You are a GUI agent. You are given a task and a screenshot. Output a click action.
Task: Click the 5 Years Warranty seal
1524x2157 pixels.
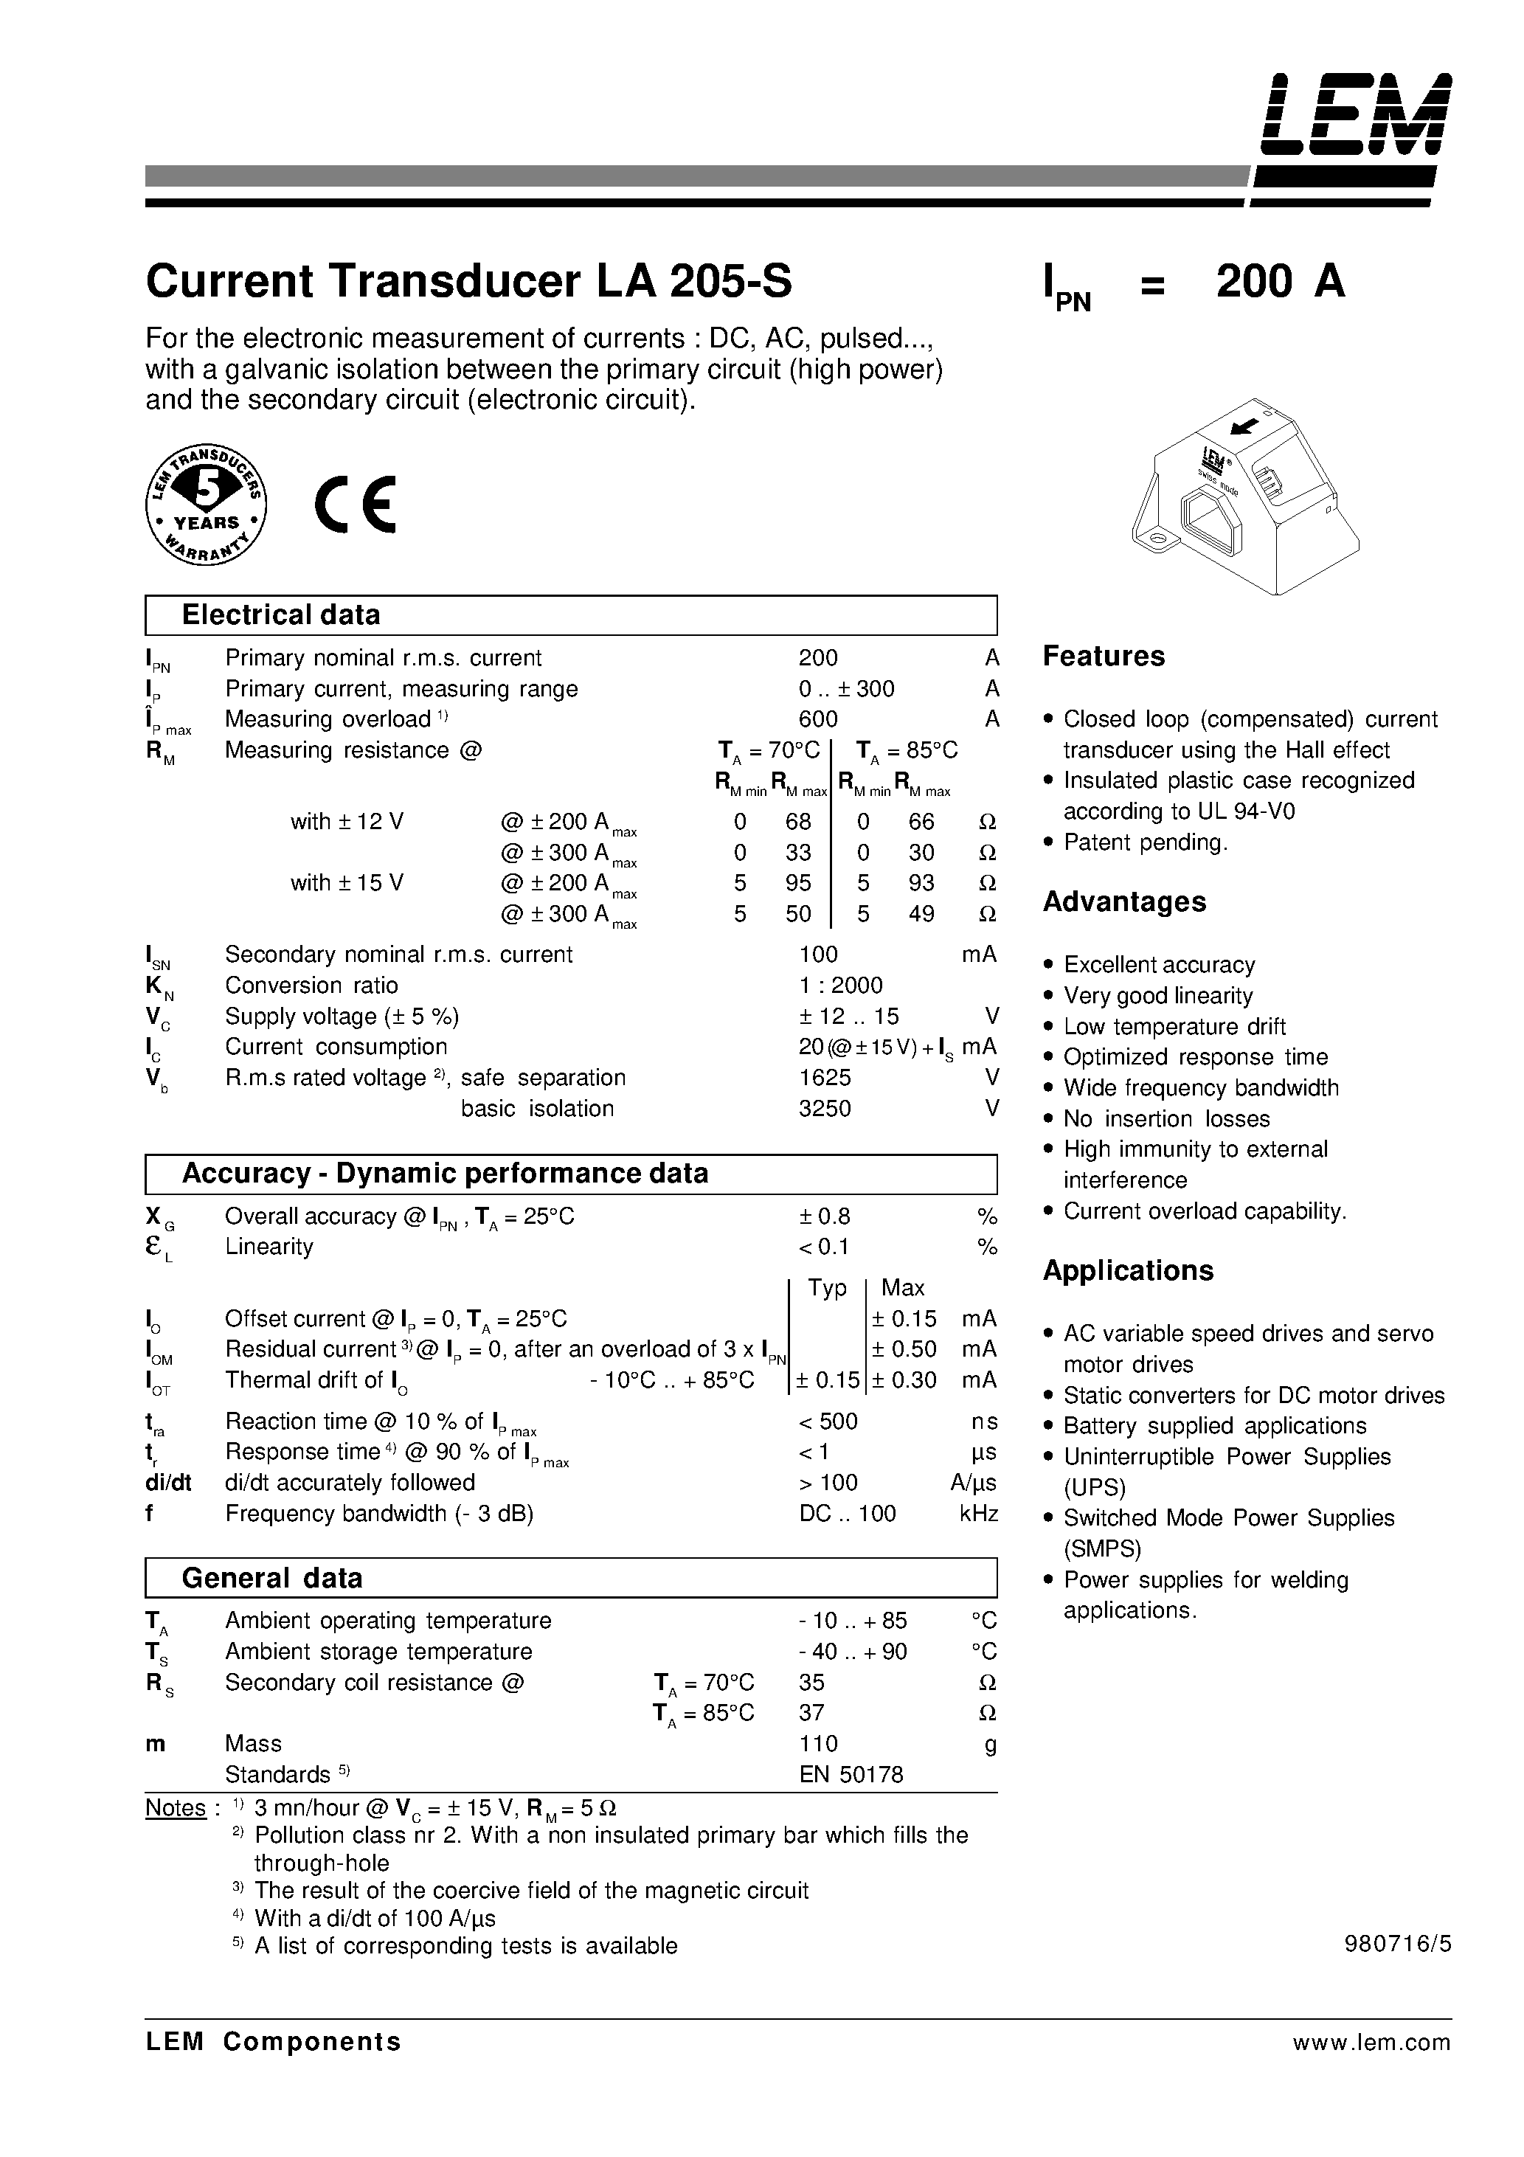click(207, 505)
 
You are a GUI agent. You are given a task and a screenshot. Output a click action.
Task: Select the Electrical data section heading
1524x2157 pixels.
click(281, 615)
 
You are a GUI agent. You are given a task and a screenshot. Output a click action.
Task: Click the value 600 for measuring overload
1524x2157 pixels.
click(817, 720)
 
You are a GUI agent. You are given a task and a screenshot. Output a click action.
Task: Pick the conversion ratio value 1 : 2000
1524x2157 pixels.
click(840, 986)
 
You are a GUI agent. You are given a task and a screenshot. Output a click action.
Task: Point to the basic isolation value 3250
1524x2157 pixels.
click(824, 1109)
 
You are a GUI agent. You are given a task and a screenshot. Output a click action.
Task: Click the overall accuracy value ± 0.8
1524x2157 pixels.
click(824, 1216)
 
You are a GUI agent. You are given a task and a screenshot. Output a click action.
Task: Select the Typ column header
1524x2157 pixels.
click(827, 1288)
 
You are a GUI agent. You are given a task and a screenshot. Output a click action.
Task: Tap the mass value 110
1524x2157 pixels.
click(817, 1744)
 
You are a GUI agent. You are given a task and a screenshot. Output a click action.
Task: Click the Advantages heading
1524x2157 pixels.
click(1123, 902)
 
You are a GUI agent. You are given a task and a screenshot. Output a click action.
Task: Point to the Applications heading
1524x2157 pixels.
click(1127, 1271)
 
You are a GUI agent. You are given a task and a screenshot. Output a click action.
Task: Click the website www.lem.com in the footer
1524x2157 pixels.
click(1371, 2043)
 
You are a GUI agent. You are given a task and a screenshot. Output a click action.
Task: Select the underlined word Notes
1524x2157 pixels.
click(176, 1809)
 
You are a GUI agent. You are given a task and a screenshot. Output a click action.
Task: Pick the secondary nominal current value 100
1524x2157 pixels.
click(817, 955)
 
